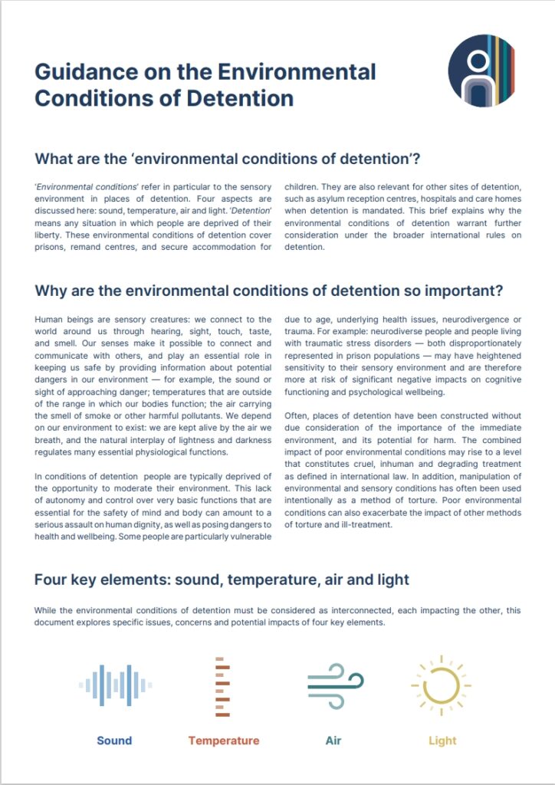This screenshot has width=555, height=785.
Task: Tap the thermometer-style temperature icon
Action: click(222, 686)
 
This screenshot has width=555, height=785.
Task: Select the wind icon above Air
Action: click(334, 685)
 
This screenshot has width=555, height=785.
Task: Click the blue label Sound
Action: click(114, 741)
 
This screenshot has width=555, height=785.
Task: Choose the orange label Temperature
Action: click(223, 741)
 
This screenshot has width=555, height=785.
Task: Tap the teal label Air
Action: click(333, 741)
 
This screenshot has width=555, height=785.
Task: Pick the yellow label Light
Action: click(442, 741)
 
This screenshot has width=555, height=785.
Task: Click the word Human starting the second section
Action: click(51, 319)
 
